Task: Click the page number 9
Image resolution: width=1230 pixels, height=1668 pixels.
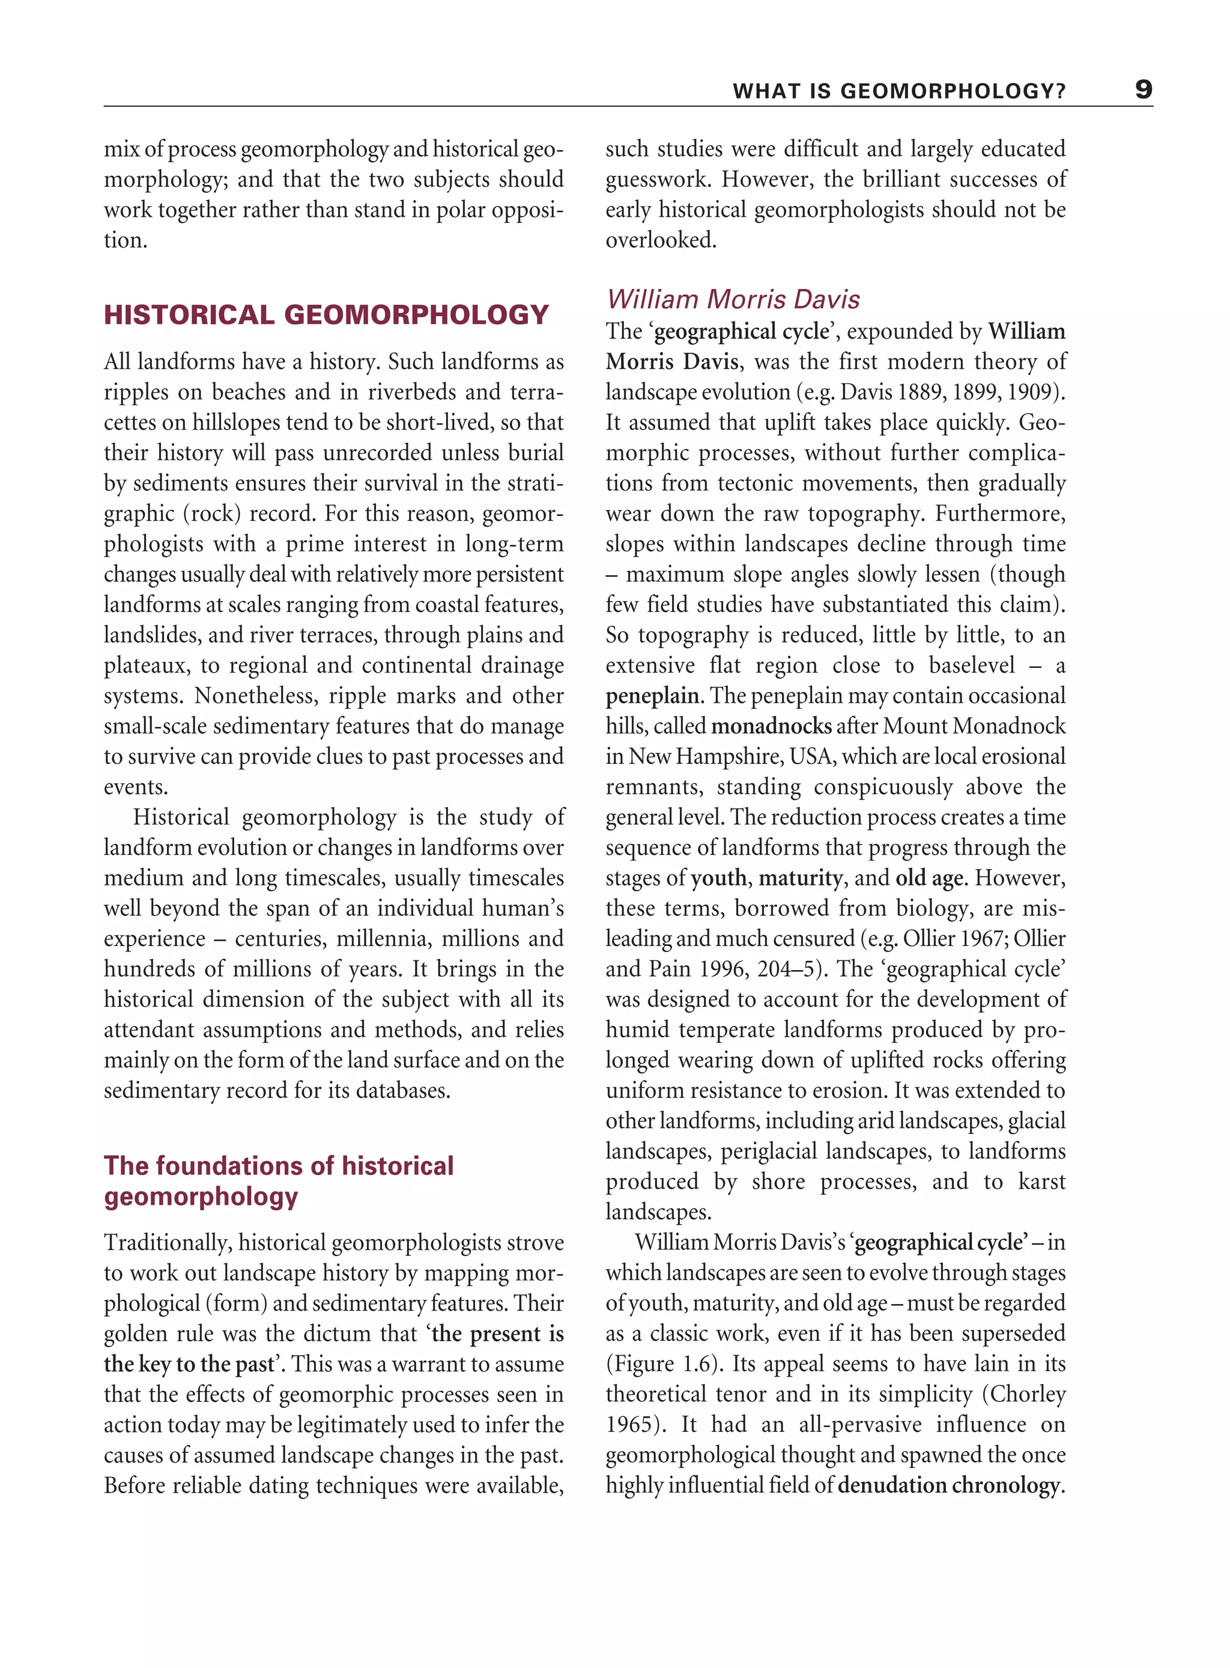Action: coord(1143,90)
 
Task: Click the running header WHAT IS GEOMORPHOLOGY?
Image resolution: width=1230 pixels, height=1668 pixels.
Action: coord(898,91)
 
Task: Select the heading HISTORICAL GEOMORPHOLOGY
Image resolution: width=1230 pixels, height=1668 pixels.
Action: coord(326,315)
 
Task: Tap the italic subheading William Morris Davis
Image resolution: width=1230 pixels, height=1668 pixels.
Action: coord(733,299)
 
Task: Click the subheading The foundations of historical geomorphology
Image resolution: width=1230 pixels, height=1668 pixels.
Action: coord(279,1180)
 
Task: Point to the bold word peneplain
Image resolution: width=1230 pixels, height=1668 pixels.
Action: coord(653,696)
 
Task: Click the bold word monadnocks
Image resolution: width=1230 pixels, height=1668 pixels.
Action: coord(771,726)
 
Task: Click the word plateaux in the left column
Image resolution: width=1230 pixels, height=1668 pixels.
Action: coord(145,666)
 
